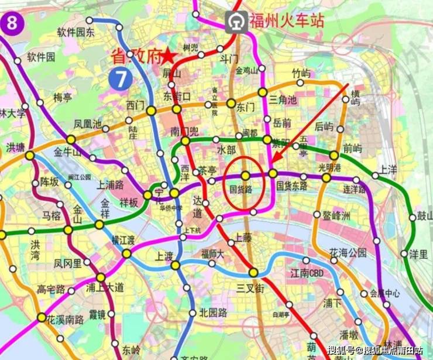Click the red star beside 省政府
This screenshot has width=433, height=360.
coord(169,56)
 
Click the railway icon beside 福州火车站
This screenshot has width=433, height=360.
coord(237,22)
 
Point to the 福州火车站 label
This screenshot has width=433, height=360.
coord(287,22)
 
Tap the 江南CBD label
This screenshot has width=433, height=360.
coord(308,273)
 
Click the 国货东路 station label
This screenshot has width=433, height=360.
coord(292,186)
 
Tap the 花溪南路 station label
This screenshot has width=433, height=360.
coord(66,320)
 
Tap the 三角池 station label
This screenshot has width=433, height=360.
coord(284,100)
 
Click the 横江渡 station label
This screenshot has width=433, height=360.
coord(124,241)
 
